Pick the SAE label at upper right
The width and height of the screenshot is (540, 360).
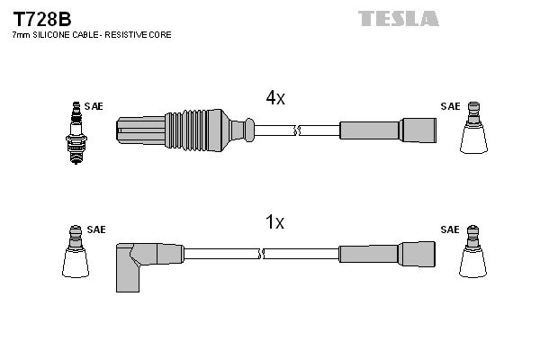pos(449,106)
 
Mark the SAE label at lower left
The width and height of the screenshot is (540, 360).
pos(96,229)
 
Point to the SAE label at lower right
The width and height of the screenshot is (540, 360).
pos(449,229)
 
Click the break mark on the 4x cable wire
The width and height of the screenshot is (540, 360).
pos(295,130)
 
